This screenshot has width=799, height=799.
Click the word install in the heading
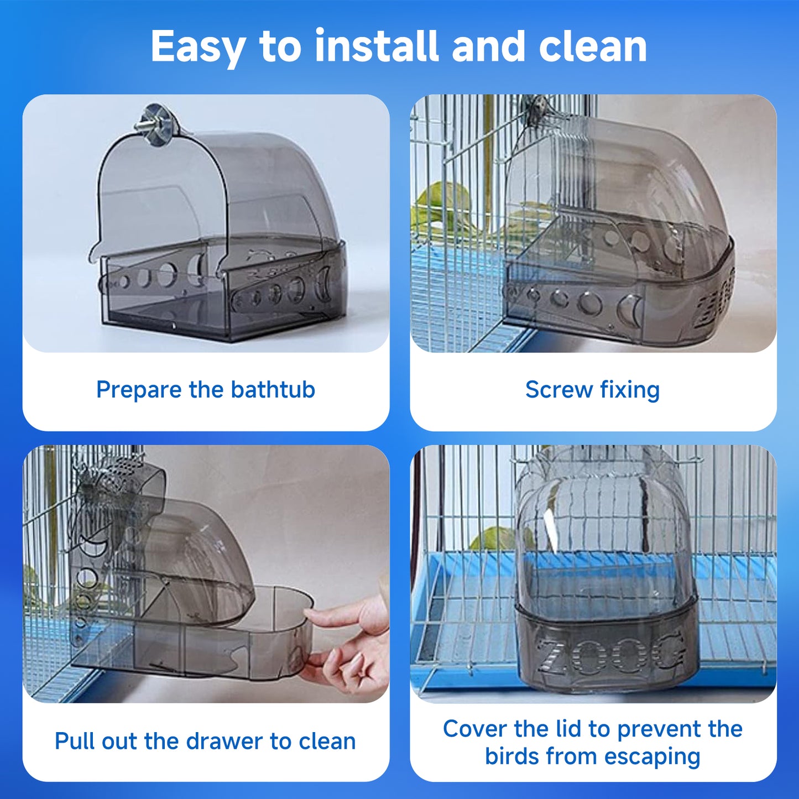click(x=376, y=46)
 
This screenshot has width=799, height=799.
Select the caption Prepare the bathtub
click(x=205, y=390)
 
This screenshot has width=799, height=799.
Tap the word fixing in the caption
click(x=630, y=390)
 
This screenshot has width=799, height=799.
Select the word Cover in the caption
click(x=474, y=729)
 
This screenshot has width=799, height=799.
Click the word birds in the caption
click(x=510, y=756)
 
